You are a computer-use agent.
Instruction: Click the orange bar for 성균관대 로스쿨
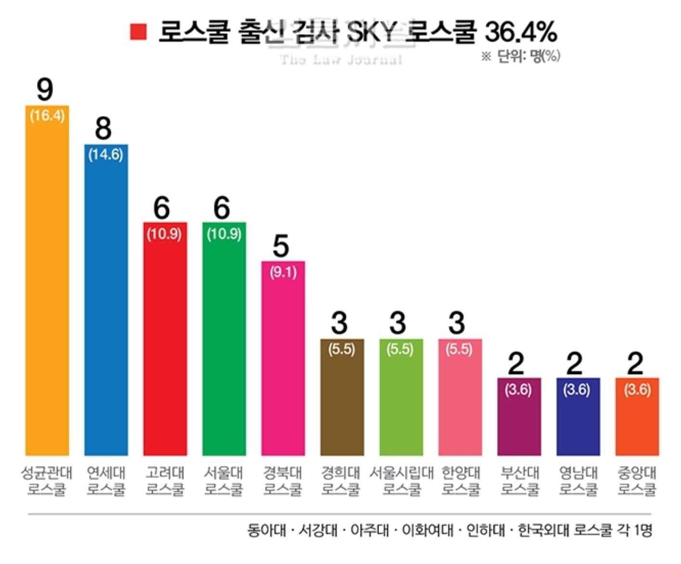pos(47,289)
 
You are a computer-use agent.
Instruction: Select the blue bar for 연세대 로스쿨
pos(106,309)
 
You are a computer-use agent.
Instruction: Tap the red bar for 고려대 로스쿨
pos(165,347)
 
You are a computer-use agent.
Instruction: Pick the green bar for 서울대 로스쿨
pos(224,347)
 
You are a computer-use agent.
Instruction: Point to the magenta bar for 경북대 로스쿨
pos(283,366)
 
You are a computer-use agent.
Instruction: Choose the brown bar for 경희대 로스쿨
pos(342,405)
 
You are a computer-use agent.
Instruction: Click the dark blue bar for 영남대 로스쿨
pos(578,424)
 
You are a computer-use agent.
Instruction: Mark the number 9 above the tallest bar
pos(45,89)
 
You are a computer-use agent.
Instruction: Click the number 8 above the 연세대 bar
pos(104,128)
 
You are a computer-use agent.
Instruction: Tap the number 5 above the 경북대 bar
pos(281,246)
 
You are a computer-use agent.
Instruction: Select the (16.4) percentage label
pos(47,116)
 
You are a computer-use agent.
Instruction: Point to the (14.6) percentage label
pos(106,155)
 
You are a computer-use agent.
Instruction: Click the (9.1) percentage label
pos(283,272)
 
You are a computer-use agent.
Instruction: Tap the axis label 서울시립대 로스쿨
pos(402,481)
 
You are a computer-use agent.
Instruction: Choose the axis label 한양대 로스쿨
pos(461,481)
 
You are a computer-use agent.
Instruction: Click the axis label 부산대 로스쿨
pos(520,481)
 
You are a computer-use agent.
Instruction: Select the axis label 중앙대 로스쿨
pos(637,481)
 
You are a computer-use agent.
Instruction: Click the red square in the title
pos(138,32)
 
